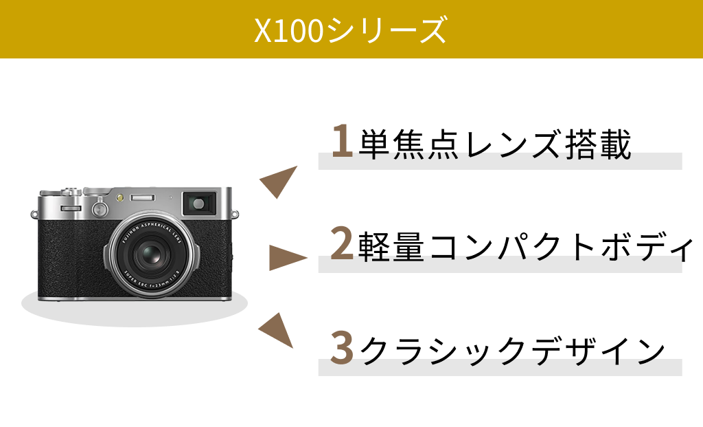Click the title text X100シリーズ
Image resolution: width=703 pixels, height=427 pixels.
coord(351,30)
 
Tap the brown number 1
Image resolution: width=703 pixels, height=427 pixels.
coord(342,140)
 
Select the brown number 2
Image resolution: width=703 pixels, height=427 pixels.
coord(342,243)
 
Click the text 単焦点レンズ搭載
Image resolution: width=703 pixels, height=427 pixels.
coord(495,144)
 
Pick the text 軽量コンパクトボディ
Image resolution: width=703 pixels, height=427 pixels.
coord(525,246)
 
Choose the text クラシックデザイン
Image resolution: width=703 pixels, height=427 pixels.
coord(512,350)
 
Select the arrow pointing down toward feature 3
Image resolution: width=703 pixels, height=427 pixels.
coord(277,330)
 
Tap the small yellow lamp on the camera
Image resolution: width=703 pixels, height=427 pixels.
coord(119,197)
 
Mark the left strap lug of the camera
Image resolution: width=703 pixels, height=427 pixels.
coord(34,214)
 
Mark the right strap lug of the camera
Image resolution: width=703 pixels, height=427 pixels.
coord(235,214)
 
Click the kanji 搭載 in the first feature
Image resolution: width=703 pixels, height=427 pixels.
coord(598,144)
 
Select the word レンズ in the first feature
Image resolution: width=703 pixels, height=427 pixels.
coord(512,144)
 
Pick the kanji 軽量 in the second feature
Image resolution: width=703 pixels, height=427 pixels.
coord(391,246)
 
